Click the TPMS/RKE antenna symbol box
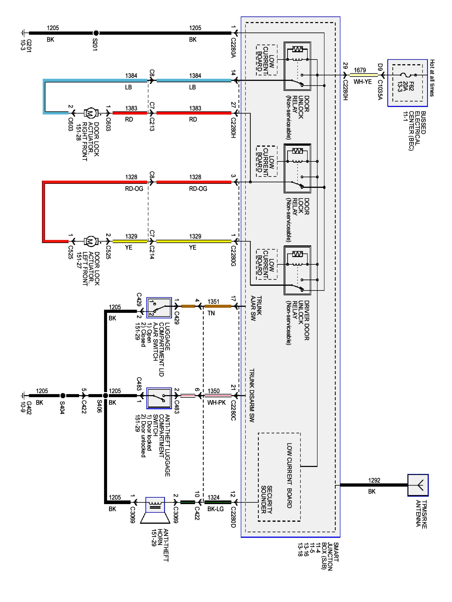[x=417, y=485]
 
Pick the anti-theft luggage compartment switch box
[x=159, y=398]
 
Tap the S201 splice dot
[x=96, y=33]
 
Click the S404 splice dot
[x=63, y=396]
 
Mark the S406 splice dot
[x=105, y=396]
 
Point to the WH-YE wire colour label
[x=362, y=82]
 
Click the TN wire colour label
[x=211, y=313]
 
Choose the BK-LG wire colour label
[x=215, y=509]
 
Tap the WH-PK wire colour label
[x=216, y=402]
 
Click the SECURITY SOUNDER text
[x=266, y=499]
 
